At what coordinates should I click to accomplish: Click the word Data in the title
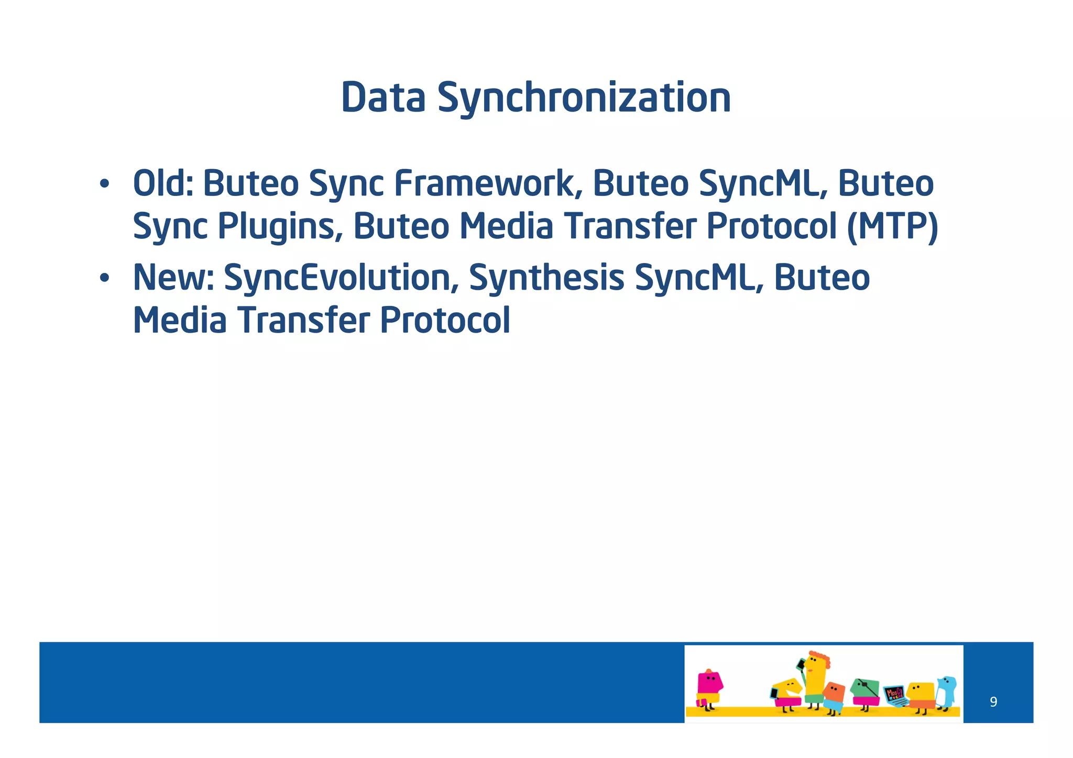(x=383, y=98)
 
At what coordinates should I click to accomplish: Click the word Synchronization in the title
(x=584, y=98)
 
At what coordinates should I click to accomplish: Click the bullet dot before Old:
(x=104, y=185)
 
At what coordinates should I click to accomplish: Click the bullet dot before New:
(x=104, y=279)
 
